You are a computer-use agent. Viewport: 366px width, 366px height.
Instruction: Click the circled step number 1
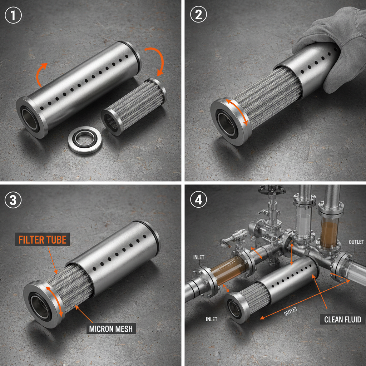(14, 16)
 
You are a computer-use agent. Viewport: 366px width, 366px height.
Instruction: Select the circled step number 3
(13, 201)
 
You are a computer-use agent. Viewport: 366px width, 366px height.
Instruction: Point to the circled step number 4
(198, 201)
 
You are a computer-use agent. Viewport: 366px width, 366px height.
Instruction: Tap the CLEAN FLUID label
(342, 319)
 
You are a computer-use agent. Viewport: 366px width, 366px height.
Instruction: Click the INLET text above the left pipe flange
(199, 257)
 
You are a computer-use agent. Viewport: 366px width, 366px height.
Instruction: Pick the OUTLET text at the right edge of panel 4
(356, 242)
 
